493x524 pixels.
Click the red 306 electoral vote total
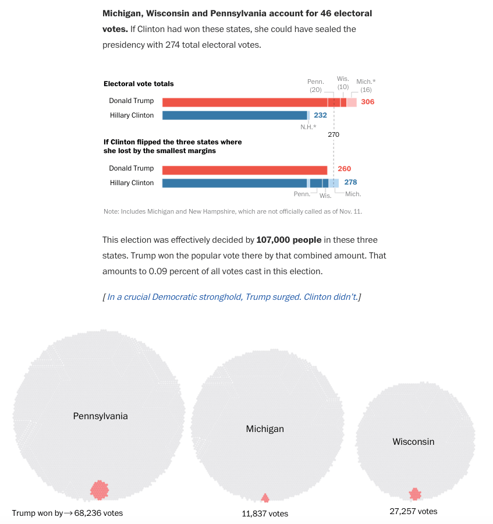pos(367,102)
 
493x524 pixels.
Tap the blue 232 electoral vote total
pos(320,115)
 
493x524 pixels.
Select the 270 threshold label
pos(334,134)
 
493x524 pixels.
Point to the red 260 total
pos(344,169)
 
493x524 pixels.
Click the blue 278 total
pos(350,183)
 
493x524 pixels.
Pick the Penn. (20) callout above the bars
pos(315,86)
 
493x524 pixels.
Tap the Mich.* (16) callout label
pos(366,86)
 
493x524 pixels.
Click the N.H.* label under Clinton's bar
pos(308,127)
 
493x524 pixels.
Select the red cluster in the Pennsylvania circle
pos(100,490)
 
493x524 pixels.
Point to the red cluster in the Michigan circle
pos(265,498)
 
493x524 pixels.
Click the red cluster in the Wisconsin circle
pos(415,494)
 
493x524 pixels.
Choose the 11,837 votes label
pos(265,514)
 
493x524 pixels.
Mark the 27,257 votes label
pos(413,511)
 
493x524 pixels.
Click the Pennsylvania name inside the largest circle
pos(100,416)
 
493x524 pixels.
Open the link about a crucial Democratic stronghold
pos(232,297)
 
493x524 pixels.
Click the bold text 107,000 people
pos(289,240)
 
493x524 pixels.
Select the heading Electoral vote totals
pos(139,84)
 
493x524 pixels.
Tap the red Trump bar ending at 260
pos(244,170)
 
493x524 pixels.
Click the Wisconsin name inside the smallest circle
pos(413,442)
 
